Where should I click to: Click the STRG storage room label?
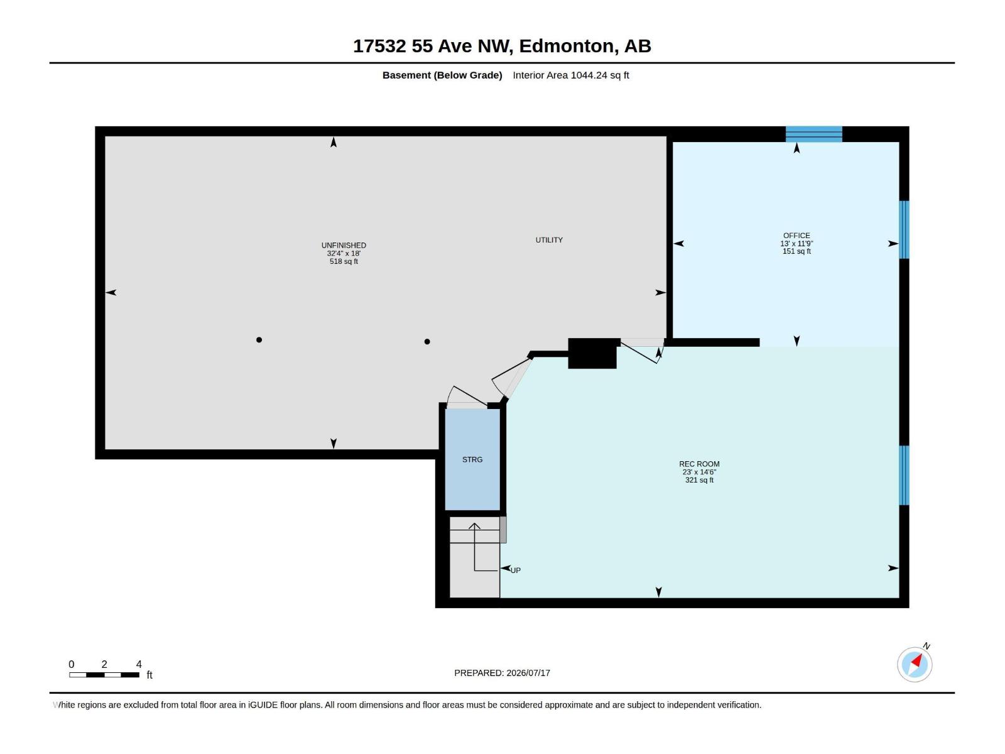472,460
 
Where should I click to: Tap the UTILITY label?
549,240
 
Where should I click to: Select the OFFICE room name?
796,235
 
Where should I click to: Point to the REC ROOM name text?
699,464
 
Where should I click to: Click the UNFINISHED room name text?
344,246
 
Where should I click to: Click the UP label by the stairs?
516,571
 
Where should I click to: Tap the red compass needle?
916,660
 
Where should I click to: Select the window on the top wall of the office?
813,134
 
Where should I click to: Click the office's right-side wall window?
904,230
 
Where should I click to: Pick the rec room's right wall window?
904,475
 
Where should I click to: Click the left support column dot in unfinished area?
259,340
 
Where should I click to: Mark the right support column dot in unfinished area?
427,342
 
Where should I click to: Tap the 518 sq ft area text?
344,261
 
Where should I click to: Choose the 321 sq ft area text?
699,480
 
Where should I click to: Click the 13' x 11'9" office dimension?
796,244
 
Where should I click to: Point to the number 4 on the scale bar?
139,664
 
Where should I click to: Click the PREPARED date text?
503,673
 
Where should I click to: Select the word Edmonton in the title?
567,46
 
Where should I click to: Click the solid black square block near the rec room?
592,353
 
